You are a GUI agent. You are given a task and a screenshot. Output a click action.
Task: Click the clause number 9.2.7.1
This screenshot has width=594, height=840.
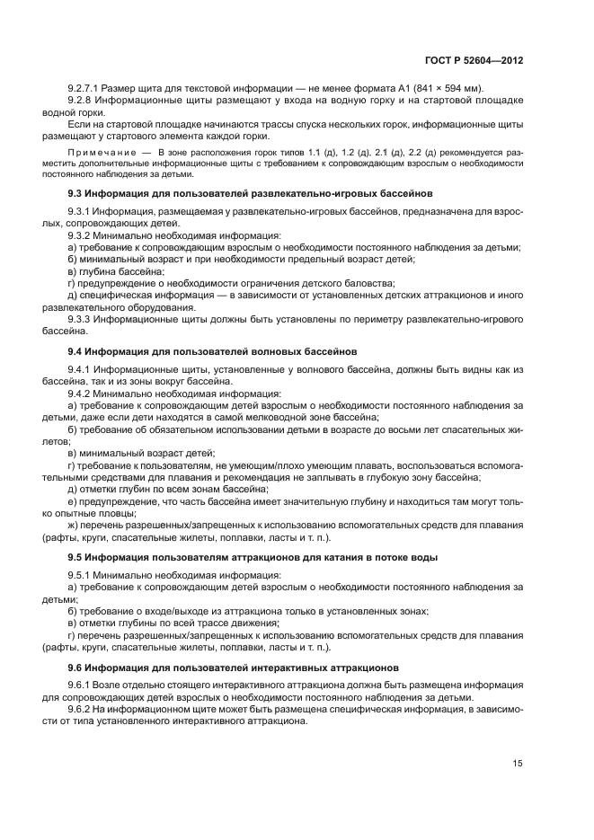click(x=85, y=88)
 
